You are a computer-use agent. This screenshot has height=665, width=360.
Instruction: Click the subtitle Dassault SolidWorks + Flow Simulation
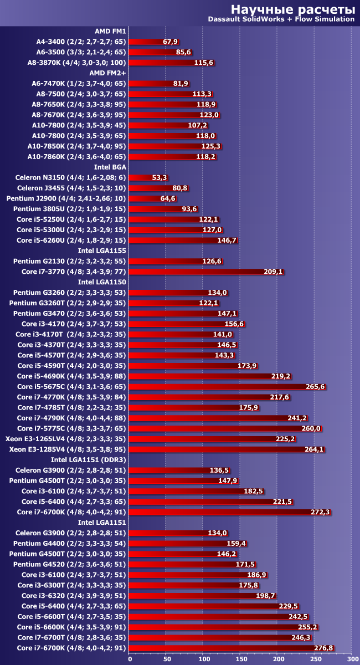coord(281,19)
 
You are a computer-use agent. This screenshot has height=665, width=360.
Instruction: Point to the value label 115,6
coord(204,63)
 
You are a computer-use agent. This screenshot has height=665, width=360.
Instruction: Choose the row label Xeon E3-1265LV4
coord(66,438)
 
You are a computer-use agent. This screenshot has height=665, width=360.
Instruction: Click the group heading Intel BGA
coord(110,167)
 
